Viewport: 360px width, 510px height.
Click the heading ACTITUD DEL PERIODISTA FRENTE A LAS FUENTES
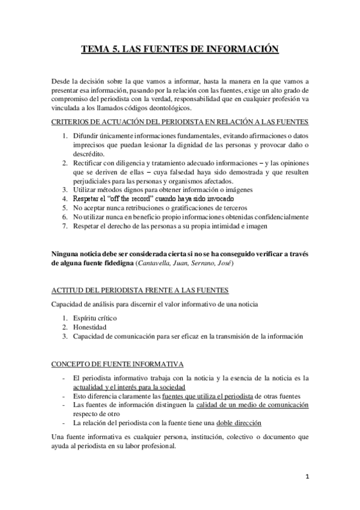[139, 290]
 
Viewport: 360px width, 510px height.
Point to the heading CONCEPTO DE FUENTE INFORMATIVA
[118, 365]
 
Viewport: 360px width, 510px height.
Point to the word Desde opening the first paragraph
[61, 80]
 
